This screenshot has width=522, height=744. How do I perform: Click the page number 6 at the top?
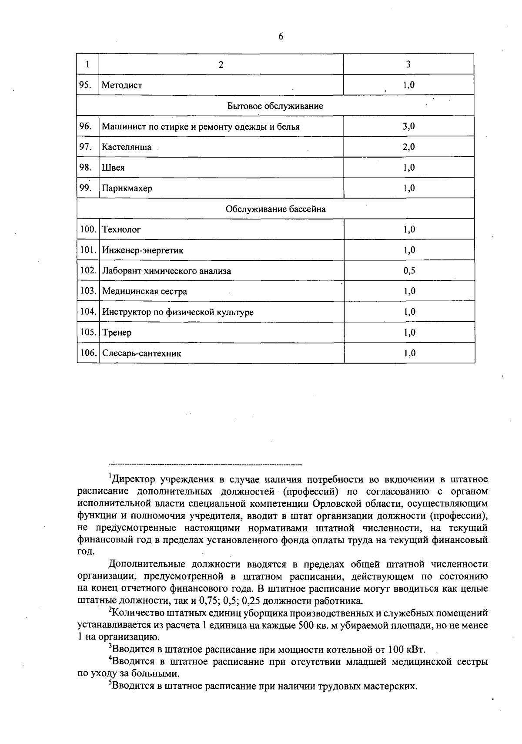click(x=281, y=37)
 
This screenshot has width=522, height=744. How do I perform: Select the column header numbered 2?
click(x=221, y=64)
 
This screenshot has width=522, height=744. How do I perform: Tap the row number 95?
click(x=85, y=85)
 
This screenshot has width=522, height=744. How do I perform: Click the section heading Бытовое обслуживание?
click(x=275, y=106)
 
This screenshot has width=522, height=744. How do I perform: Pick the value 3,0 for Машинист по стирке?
click(x=408, y=126)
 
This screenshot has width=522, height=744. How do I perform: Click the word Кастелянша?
click(x=127, y=147)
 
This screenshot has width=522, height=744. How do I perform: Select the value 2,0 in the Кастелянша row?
click(x=408, y=147)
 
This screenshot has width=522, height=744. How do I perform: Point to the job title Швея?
click(x=113, y=168)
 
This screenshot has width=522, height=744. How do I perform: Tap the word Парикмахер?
click(x=127, y=189)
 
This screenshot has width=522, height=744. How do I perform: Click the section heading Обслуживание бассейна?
click(x=275, y=209)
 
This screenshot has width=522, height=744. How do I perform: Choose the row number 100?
click(x=88, y=229)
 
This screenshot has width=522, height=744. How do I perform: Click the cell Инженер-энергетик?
click(x=143, y=250)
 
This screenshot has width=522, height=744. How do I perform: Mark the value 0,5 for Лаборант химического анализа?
click(x=409, y=271)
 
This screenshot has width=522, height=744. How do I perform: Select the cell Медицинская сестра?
click(x=144, y=291)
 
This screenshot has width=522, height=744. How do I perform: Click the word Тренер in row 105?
click(x=117, y=333)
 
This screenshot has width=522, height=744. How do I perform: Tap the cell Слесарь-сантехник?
click(x=141, y=353)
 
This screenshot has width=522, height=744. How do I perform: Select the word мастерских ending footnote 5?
click(x=392, y=687)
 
